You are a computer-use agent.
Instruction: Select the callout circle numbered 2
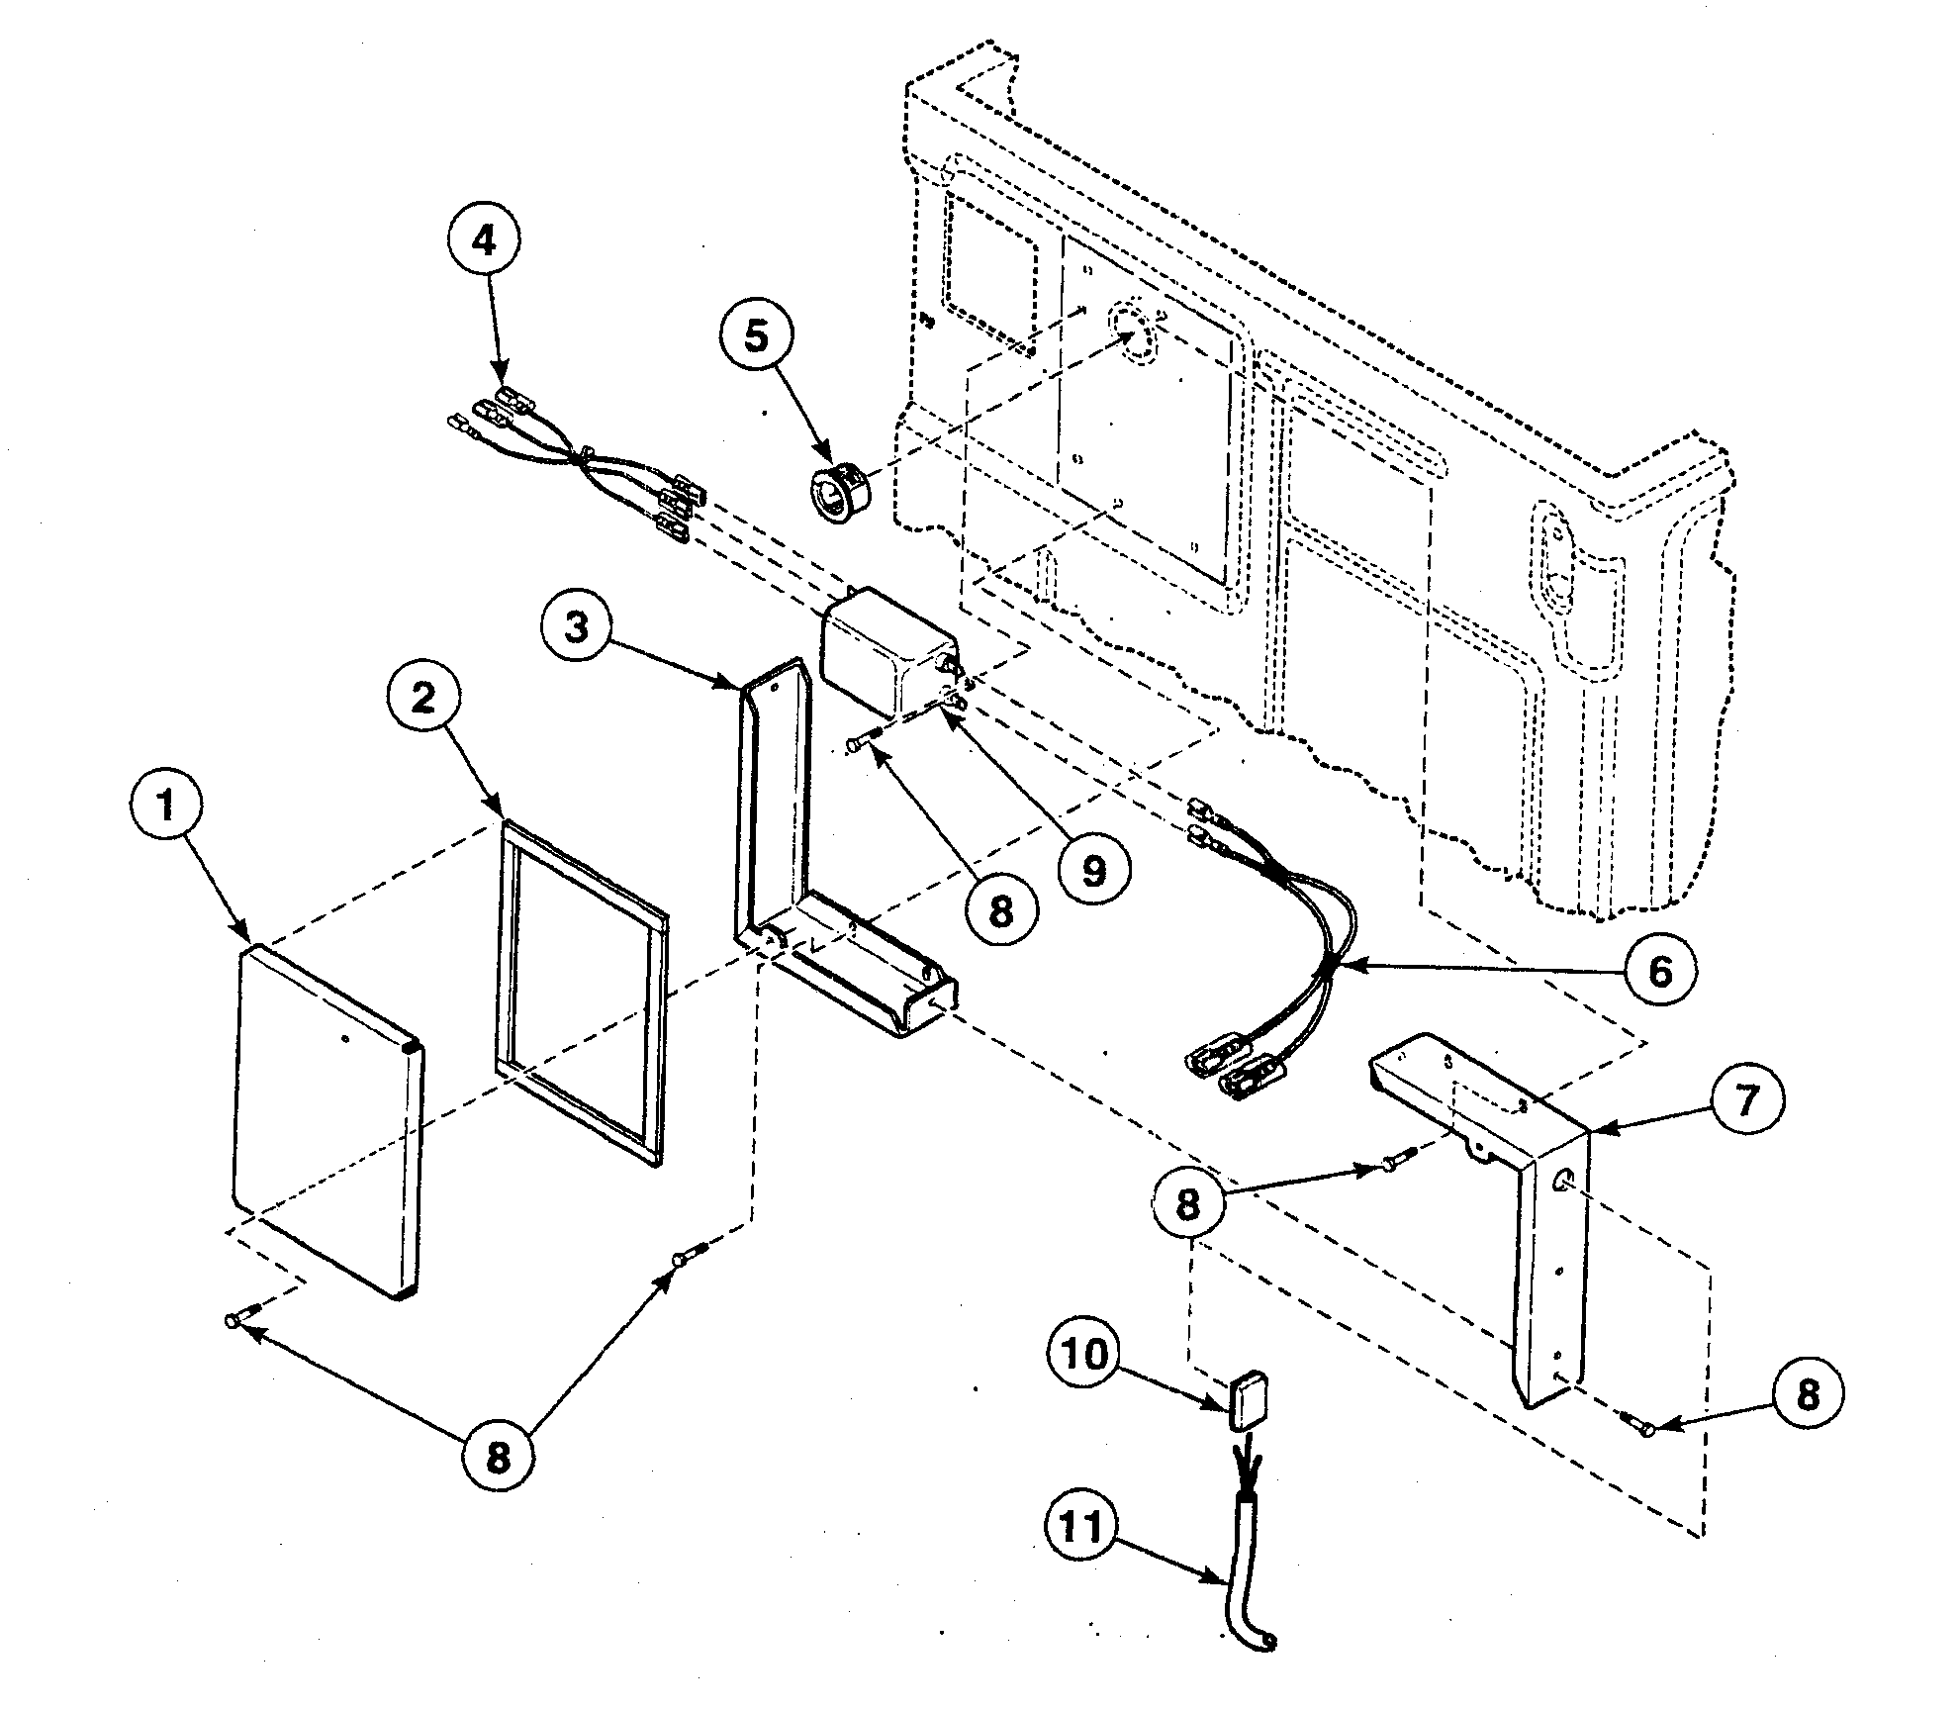(x=423, y=699)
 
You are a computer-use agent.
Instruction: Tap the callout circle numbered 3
(x=578, y=626)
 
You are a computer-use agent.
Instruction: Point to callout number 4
(x=484, y=239)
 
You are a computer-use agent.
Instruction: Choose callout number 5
(x=756, y=336)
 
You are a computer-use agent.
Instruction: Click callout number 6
(x=1659, y=970)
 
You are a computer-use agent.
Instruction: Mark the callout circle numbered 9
(x=1093, y=871)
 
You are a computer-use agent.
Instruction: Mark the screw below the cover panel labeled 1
(x=237, y=1318)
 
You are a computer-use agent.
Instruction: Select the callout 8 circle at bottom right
(x=1808, y=1394)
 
